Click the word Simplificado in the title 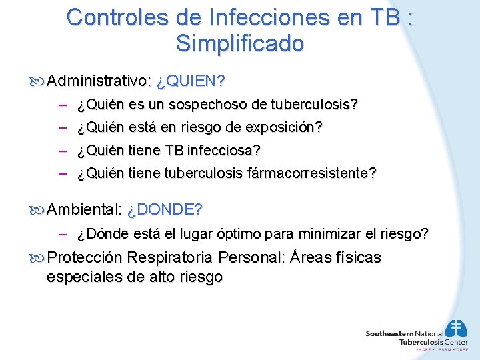(x=240, y=43)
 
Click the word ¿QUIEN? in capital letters (x=191, y=81)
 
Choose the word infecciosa (x=227, y=151)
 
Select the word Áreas (x=314, y=257)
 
